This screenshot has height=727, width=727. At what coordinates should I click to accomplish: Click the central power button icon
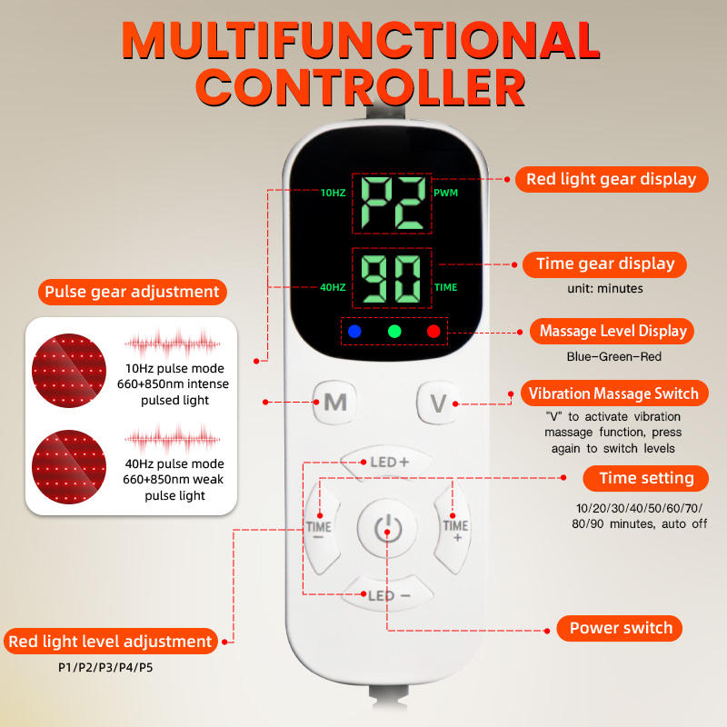[387, 528]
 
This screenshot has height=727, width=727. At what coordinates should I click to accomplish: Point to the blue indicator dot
[354, 332]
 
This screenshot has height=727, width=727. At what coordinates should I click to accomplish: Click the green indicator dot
[394, 332]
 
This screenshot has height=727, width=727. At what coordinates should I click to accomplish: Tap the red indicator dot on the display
[433, 332]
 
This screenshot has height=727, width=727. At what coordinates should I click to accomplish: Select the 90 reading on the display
[393, 279]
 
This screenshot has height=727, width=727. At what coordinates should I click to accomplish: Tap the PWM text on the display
[445, 193]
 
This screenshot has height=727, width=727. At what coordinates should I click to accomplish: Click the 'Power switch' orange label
[621, 628]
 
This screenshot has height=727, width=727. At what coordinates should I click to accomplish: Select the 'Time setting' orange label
[646, 478]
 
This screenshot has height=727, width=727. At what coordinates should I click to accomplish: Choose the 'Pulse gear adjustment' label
[132, 292]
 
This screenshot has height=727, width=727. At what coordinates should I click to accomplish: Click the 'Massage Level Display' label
[612, 331]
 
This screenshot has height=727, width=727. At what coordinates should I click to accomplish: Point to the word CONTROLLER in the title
[363, 89]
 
